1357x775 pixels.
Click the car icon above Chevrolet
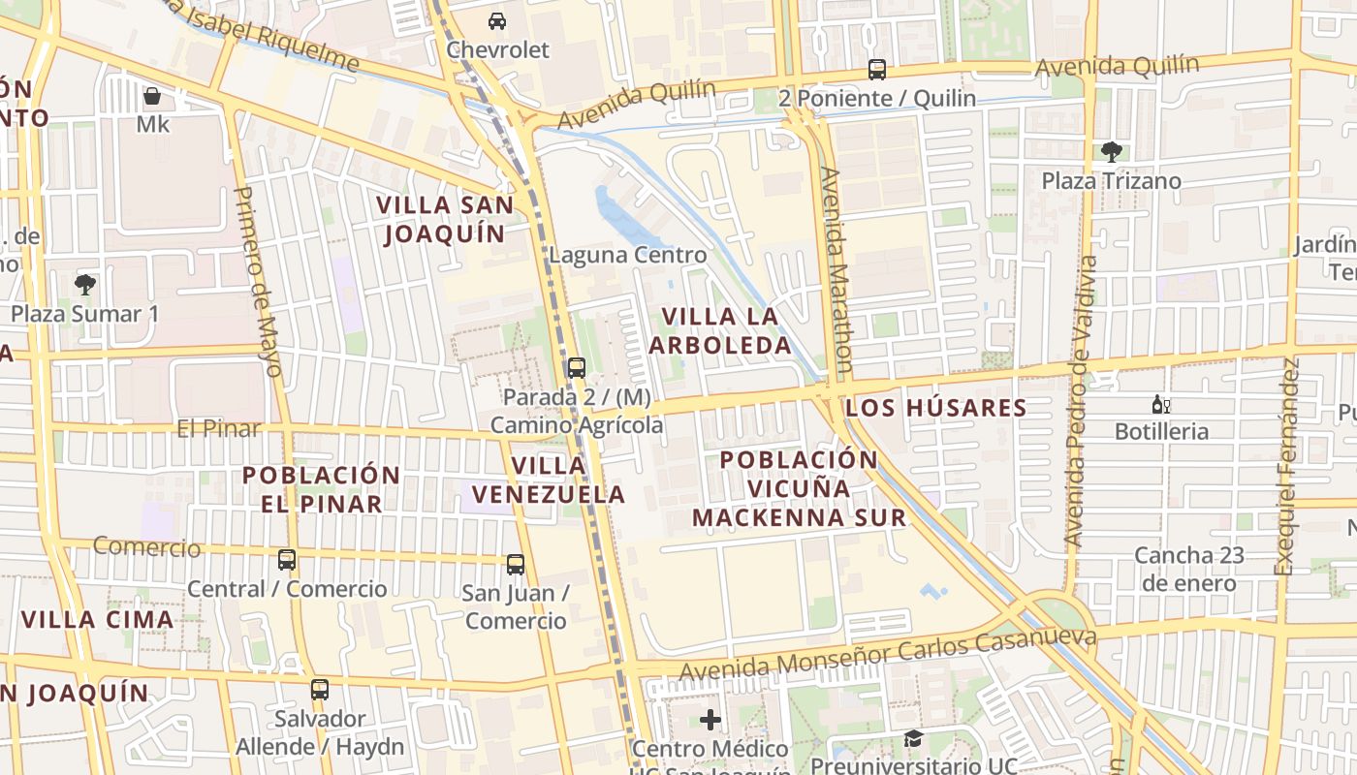click(496, 21)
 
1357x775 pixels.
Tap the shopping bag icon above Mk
click(152, 96)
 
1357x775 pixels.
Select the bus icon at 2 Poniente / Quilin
click(876, 70)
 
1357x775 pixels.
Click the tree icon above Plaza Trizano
click(1111, 151)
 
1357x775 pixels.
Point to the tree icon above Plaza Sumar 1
click(85, 284)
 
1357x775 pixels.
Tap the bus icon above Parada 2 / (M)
click(576, 368)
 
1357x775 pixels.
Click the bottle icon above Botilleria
click(1160, 404)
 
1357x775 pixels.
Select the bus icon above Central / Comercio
click(287, 560)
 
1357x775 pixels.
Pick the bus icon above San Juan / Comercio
click(516, 564)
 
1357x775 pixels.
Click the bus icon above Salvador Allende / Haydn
click(320, 690)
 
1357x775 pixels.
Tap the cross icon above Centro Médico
click(710, 720)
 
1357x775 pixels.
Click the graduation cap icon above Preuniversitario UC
click(913, 739)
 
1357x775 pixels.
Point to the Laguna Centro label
click(627, 256)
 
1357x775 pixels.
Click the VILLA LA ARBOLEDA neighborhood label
click(719, 330)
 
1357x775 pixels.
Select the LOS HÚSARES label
click(935, 408)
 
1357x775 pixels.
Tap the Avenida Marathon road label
click(836, 269)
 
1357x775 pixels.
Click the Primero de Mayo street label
click(258, 281)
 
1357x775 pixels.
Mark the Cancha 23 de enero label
click(1188, 570)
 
